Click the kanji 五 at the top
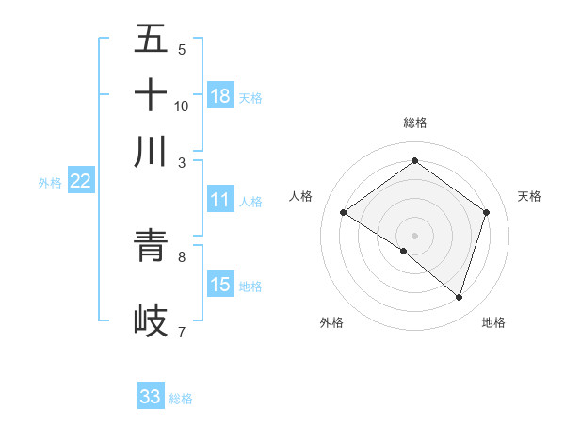point(151,39)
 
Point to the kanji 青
point(151,247)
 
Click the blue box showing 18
point(220,95)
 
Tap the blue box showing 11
point(220,200)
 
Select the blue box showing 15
point(220,285)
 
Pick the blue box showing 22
point(80,182)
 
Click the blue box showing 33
point(151,397)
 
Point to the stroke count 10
point(182,107)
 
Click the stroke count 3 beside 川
point(182,163)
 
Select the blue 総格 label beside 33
point(181,399)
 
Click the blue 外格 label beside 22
point(50,183)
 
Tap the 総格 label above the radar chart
point(414,123)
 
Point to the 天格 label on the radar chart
point(529,196)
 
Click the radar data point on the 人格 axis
point(343,213)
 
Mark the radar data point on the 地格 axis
point(459,297)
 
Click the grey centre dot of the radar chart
point(414,234)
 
